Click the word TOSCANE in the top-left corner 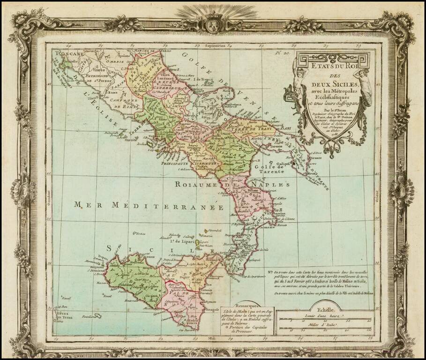(68, 54)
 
